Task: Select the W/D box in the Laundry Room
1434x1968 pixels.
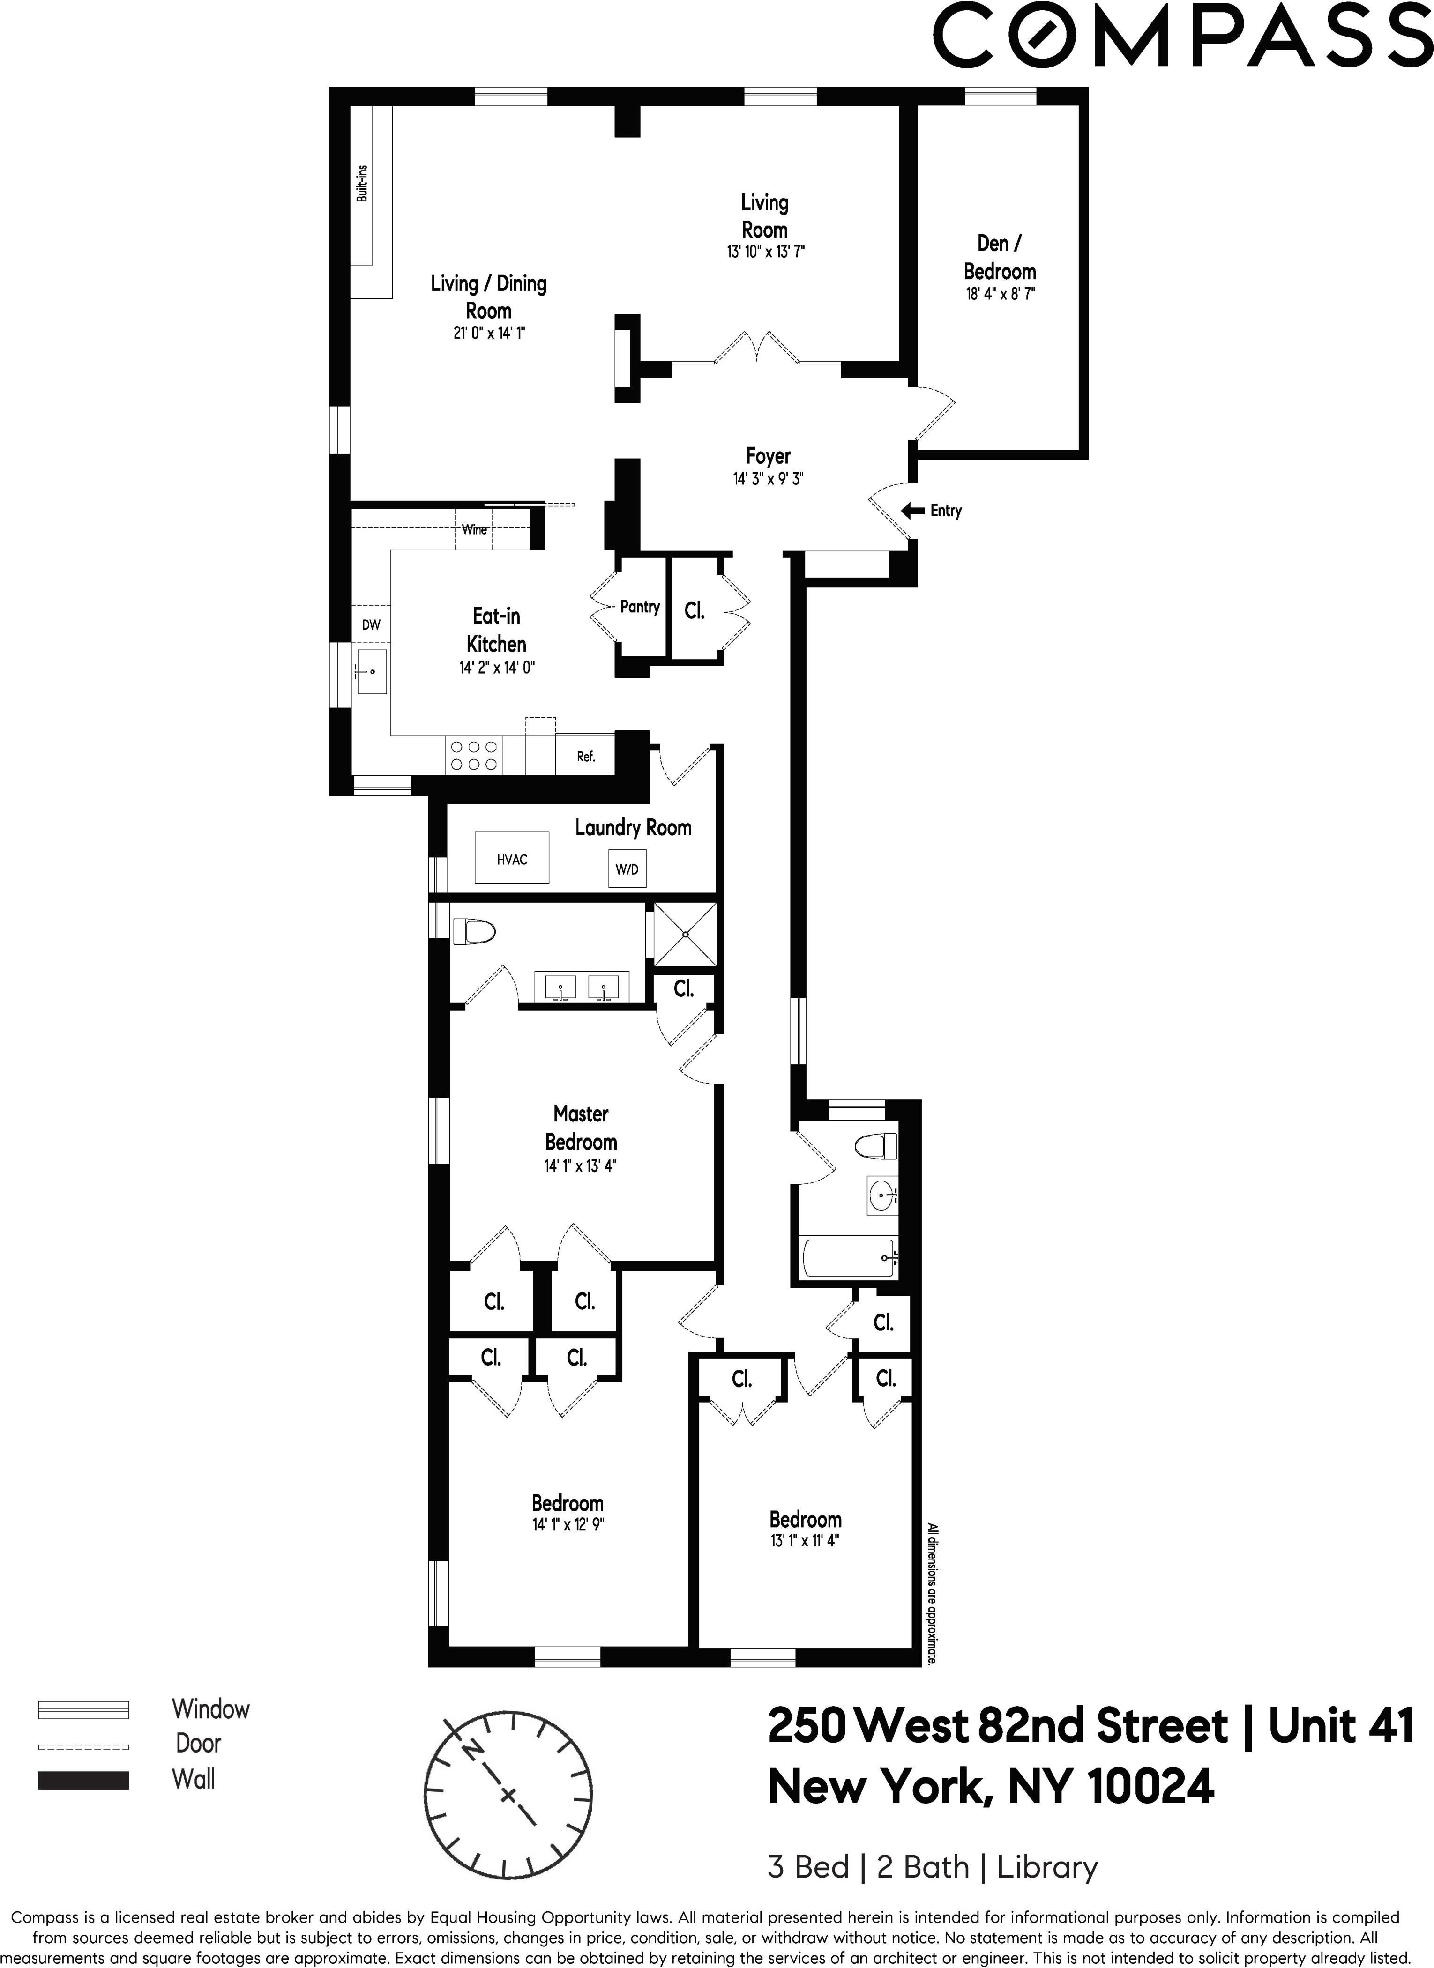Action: click(627, 869)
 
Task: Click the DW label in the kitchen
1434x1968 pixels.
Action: click(371, 625)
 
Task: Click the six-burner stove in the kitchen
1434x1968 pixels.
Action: click(473, 755)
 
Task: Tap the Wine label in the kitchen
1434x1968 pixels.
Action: click(474, 529)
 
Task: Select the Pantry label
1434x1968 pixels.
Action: click(640, 607)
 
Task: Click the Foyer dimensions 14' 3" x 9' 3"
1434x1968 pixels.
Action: click(768, 478)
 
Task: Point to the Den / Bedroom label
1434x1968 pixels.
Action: click(1000, 257)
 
